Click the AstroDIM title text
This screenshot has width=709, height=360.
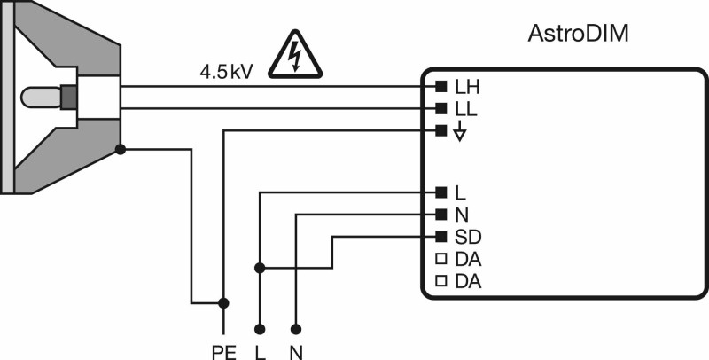tap(578, 34)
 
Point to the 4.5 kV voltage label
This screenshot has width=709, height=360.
tap(226, 73)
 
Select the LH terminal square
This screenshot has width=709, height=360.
tap(440, 86)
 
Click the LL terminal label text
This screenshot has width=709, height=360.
tap(467, 108)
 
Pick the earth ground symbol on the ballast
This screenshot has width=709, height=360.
tap(459, 132)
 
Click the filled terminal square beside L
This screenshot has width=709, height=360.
tap(440, 192)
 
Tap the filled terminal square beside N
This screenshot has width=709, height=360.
tap(440, 214)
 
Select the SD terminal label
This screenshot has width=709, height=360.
tap(468, 237)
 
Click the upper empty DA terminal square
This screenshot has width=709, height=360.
tap(440, 259)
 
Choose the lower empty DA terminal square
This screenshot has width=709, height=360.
tap(440, 281)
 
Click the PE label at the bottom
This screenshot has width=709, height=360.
tap(224, 352)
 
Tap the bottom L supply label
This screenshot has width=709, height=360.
tap(260, 352)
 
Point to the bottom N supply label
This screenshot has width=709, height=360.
tap(296, 352)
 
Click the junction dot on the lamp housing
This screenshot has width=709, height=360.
tap(121, 149)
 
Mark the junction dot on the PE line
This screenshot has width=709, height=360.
tap(223, 302)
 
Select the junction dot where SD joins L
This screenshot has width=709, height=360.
tap(260, 268)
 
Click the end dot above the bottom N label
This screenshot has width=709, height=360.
tap(296, 328)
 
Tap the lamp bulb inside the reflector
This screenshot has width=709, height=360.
tap(41, 97)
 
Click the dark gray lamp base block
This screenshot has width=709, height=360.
tap(69, 97)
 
